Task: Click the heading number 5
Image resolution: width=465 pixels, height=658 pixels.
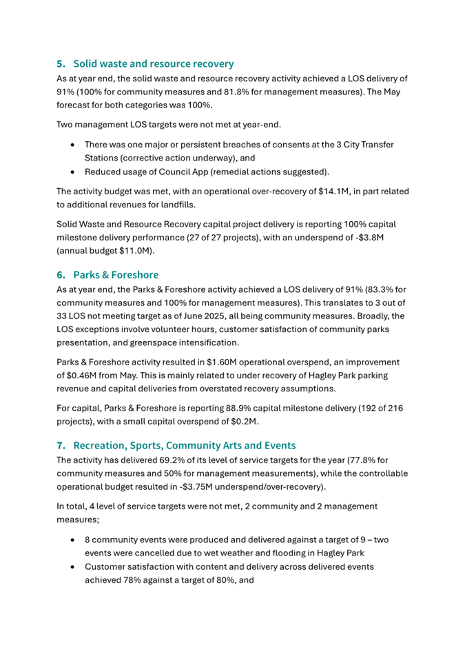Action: [x=61, y=63]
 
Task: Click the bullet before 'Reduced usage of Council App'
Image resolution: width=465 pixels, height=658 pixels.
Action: [x=74, y=172]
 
